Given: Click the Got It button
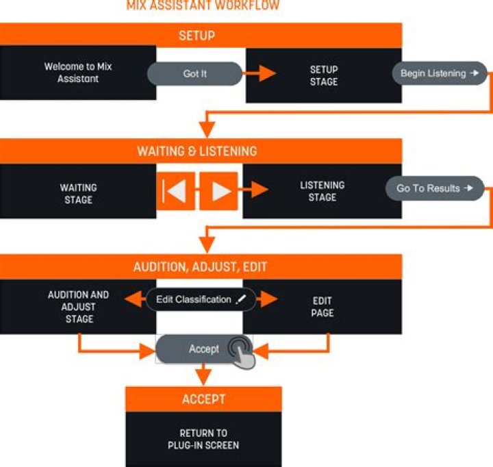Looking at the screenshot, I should coord(194,74).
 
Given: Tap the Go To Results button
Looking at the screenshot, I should coord(434,188).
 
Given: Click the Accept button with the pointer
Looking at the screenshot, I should coord(204,349).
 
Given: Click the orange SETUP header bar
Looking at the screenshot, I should coord(201,35).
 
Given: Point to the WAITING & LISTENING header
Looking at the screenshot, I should coord(201,151).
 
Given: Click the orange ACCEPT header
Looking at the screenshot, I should coord(203,399).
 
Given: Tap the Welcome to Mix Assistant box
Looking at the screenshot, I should coord(78,73).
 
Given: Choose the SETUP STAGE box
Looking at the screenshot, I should coord(323,75).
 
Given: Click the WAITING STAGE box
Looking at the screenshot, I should coord(78,193).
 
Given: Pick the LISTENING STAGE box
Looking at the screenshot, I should coord(322,191).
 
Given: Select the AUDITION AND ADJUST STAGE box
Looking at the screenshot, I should coord(78,307).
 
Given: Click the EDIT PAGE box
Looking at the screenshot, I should coord(322,307).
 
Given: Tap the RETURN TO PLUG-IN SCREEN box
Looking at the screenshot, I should coord(203,439).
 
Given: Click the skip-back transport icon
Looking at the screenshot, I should coord(176,191).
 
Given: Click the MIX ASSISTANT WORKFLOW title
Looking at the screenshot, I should coord(203,5).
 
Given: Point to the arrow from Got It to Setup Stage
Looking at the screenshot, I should coord(260,74).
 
